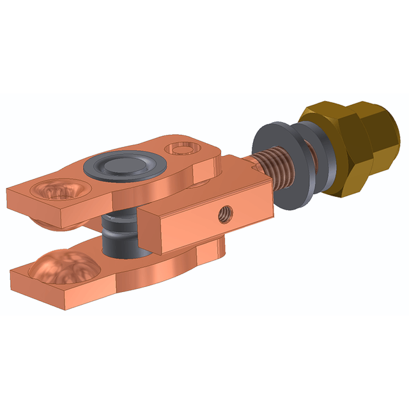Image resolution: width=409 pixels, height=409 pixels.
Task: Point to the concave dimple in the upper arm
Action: pyautogui.click(x=59, y=190)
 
